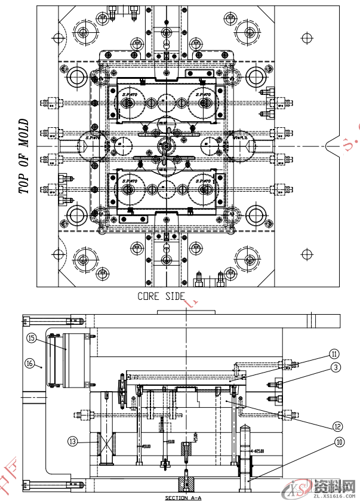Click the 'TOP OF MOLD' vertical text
(x=24, y=156)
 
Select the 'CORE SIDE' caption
(x=161, y=296)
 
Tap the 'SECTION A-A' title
(x=183, y=497)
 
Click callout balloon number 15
(x=32, y=337)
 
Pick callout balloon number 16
(x=29, y=362)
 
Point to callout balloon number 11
(x=334, y=354)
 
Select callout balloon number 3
(x=337, y=367)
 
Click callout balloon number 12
(x=337, y=426)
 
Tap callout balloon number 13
(x=72, y=441)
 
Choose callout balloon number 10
(x=339, y=442)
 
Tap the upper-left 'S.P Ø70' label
(x=128, y=95)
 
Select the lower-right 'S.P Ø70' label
(x=203, y=180)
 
